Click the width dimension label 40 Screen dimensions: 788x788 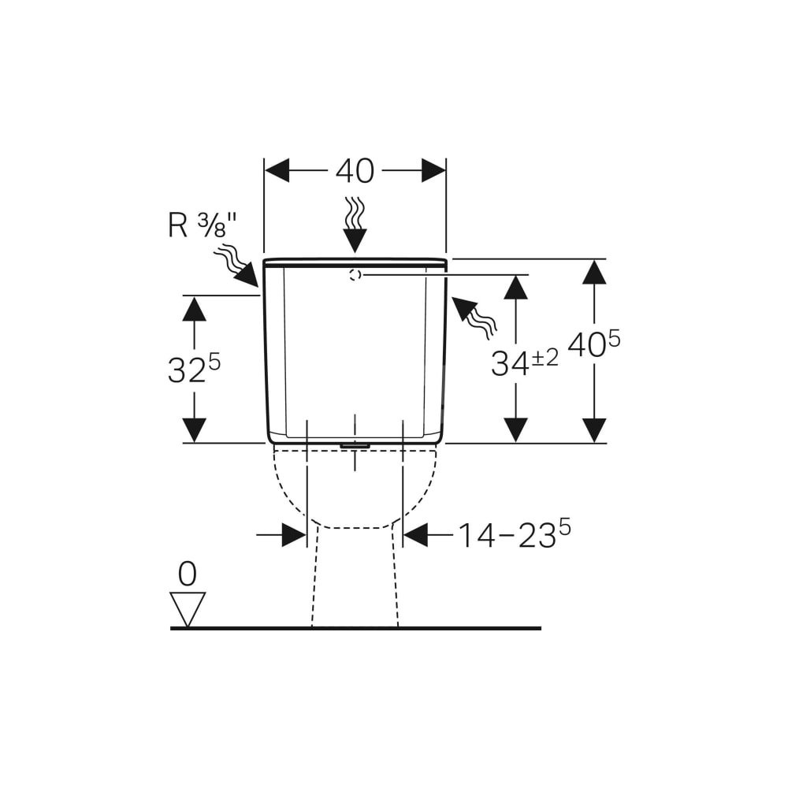click(355, 171)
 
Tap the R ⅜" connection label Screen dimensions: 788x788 click(202, 225)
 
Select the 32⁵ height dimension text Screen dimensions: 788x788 click(194, 370)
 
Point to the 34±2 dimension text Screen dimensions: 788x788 click(524, 362)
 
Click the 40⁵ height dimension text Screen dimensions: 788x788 click(594, 345)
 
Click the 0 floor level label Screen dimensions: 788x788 click(187, 574)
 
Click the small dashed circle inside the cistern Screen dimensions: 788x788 click(355, 275)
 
